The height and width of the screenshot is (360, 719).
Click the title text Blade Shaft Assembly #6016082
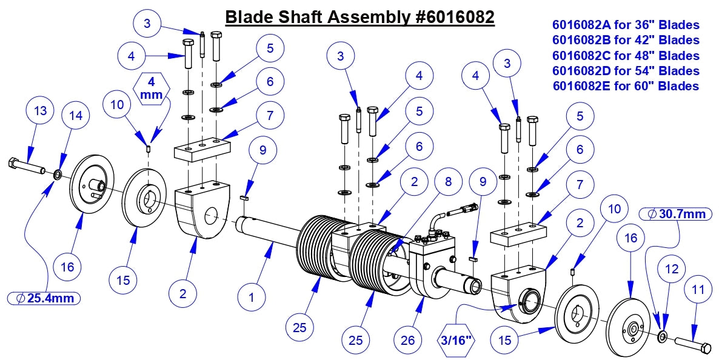[x=359, y=17]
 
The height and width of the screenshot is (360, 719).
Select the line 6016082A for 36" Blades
[x=626, y=25]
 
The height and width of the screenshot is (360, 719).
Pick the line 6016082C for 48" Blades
[x=626, y=56]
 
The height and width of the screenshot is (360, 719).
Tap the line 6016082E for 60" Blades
[x=626, y=86]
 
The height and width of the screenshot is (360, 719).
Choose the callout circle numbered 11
[x=698, y=290]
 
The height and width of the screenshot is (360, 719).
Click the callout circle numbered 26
[x=409, y=341]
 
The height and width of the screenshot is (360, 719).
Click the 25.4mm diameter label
[x=44, y=298]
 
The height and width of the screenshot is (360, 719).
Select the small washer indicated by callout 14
[x=57, y=175]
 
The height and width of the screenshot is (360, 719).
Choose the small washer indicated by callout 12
[x=662, y=335]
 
